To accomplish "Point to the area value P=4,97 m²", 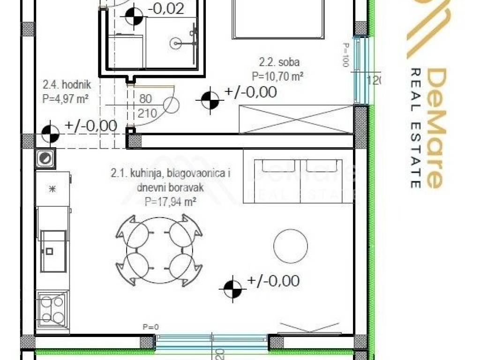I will [x=65, y=98].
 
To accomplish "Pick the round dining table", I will [x=159, y=250].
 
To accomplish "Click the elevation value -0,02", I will [x=165, y=8].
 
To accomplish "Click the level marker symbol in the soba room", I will [x=210, y=100].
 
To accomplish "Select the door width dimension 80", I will [x=145, y=99].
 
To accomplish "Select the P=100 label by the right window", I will [x=346, y=55].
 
